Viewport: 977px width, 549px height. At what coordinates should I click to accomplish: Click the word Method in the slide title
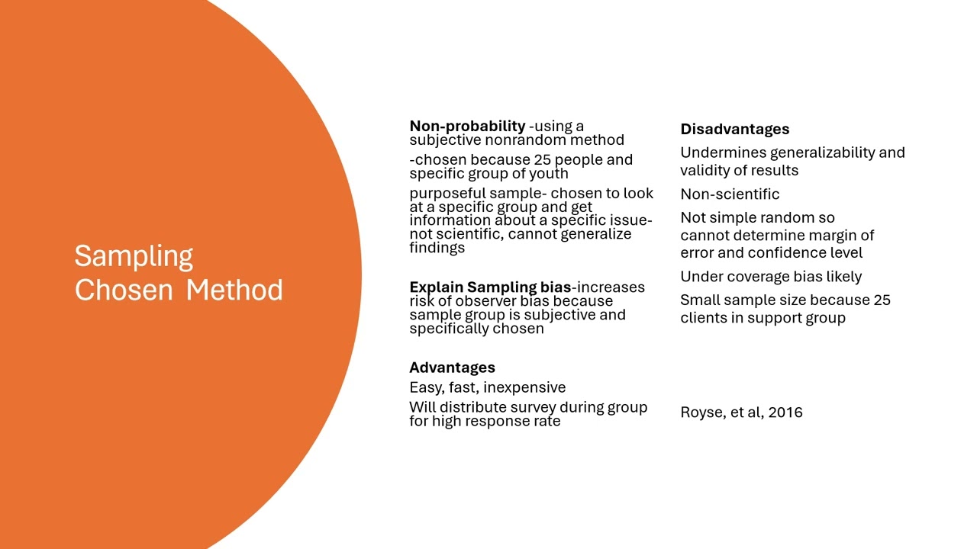(234, 291)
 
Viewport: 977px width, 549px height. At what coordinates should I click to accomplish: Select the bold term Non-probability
(467, 127)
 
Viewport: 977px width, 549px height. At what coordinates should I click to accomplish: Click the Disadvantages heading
(734, 129)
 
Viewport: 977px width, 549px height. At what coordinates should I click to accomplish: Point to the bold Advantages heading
(452, 368)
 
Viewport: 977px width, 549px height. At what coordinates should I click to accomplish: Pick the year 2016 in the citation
(785, 413)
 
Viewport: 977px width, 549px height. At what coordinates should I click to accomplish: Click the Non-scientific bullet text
(730, 194)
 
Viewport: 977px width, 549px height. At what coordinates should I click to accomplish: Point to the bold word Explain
(436, 287)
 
